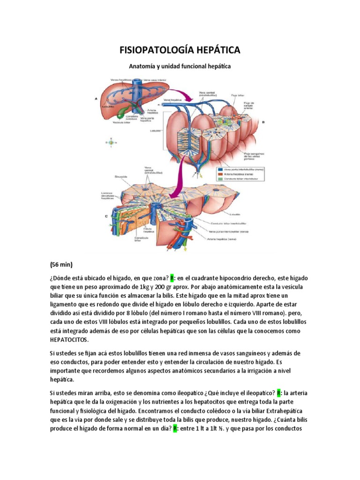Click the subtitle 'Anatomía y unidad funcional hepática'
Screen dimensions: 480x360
(180, 67)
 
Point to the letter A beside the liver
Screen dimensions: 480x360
(96, 99)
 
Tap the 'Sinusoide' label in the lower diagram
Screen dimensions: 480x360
(108, 177)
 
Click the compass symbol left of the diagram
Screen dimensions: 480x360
(111, 141)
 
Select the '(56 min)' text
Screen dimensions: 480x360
(61, 264)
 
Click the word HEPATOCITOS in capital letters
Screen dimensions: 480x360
(69, 339)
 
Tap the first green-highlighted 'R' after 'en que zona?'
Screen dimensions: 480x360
(172, 278)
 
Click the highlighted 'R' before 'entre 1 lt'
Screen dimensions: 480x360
(175, 429)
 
